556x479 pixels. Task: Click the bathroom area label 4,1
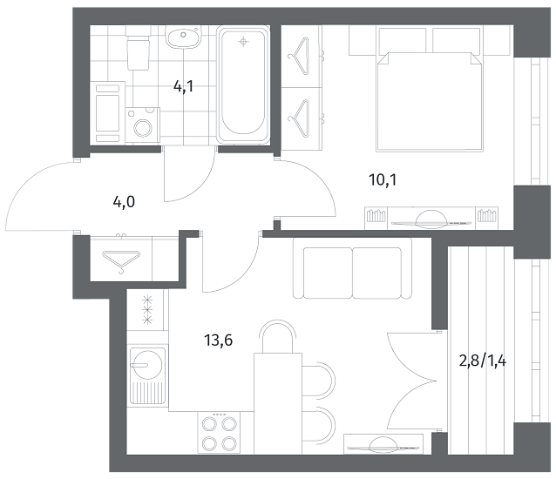pos(183,86)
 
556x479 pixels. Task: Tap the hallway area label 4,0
pos(124,203)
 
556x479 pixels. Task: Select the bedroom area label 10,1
pos(383,180)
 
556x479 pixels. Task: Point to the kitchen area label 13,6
pos(218,341)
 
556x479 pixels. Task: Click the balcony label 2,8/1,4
pos(483,361)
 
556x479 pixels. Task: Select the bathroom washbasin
pos(183,37)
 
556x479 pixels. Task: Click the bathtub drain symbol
pos(243,42)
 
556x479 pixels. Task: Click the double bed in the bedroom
pos(431,102)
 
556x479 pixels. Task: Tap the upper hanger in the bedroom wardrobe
pos(299,56)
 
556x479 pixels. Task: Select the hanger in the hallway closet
pos(121,260)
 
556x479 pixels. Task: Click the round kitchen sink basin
pos(146,364)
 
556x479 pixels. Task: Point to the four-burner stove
pos(219,432)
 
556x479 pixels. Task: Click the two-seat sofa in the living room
pos(352,267)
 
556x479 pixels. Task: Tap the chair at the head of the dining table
pos(277,336)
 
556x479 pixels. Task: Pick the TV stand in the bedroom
pos(431,219)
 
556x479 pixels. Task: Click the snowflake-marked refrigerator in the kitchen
pos(147,310)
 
